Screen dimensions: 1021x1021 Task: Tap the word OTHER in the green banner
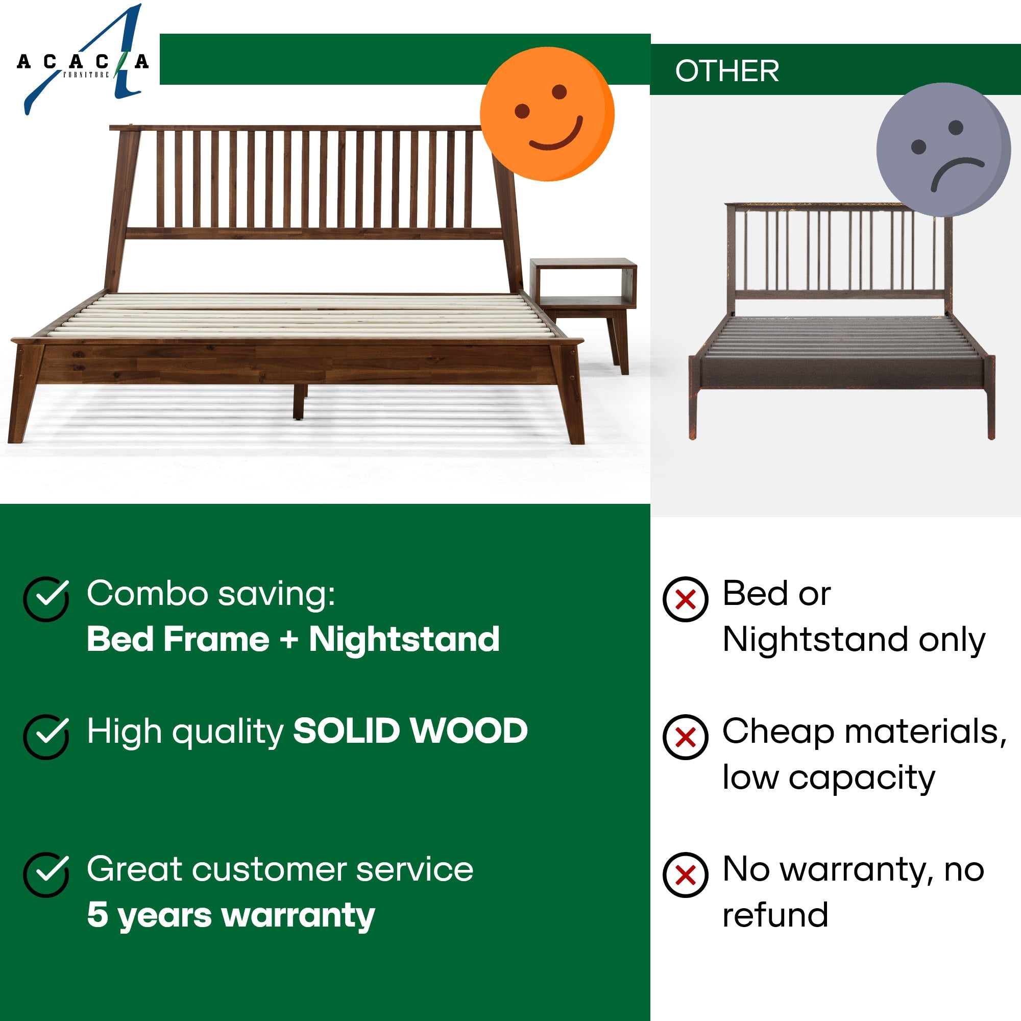[726, 71]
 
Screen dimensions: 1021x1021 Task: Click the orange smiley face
[547, 114]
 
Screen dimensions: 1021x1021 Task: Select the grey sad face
[943, 150]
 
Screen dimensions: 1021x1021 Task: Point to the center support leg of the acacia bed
[300, 402]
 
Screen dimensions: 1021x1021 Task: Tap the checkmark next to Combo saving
[46, 598]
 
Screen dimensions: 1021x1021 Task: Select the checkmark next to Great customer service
[46, 874]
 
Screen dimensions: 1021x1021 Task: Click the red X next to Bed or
[686, 599]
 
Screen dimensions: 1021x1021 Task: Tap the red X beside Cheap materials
[686, 737]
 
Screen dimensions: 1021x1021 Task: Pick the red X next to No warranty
[686, 875]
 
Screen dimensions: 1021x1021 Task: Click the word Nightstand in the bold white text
[404, 640]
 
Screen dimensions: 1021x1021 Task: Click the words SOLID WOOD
[410, 732]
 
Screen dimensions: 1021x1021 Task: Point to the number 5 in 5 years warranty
[97, 915]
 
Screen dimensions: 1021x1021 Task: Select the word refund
[775, 915]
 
